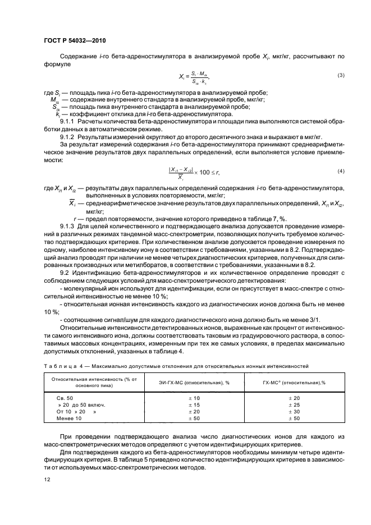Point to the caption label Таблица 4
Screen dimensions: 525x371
[62, 366]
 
